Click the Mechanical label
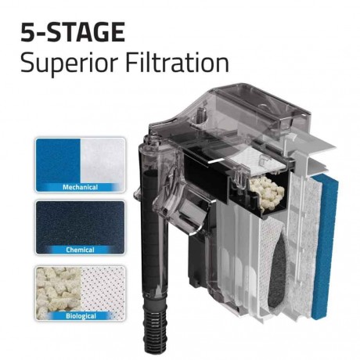[x=79, y=188]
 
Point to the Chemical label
[x=79, y=250]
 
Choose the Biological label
[x=79, y=316]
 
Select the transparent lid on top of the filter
[x=235, y=117]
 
